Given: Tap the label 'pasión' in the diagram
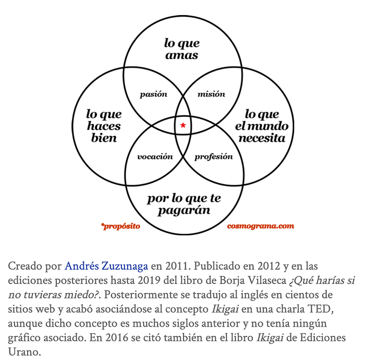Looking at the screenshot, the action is [x=153, y=94].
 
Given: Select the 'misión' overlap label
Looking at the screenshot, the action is [x=211, y=94].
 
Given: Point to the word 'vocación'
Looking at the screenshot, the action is [x=154, y=157].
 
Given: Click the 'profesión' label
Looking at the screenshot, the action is [x=213, y=157].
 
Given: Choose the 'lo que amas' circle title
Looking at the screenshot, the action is [x=181, y=49].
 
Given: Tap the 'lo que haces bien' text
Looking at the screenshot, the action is [x=104, y=126].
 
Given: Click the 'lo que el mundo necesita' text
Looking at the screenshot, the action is [x=261, y=126].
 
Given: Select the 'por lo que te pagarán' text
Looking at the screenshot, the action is [x=184, y=204].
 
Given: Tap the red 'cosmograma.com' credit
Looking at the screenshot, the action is [x=260, y=226].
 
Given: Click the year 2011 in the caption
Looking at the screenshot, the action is [x=175, y=266].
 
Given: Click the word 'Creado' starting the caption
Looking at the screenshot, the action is [x=25, y=266].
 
